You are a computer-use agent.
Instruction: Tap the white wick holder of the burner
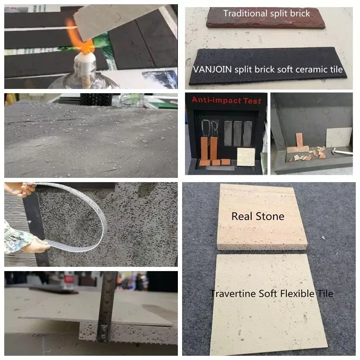pyautogui.click(x=86, y=60)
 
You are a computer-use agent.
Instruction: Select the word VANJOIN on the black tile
pyautogui.click(x=212, y=69)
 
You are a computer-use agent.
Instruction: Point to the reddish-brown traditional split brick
pyautogui.click(x=266, y=18)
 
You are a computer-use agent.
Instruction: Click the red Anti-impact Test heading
pyautogui.click(x=227, y=100)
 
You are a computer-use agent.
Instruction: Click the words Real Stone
pyautogui.click(x=258, y=216)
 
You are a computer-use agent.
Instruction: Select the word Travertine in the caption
pyautogui.click(x=233, y=294)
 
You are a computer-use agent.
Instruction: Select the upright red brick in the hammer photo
pyautogui.click(x=299, y=141)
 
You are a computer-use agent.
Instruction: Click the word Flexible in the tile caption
pyautogui.click(x=297, y=294)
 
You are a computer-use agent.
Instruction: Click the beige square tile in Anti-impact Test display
pyautogui.click(x=246, y=157)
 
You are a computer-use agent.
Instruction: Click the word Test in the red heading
pyautogui.click(x=252, y=100)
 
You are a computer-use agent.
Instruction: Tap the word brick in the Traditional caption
pyautogui.click(x=300, y=13)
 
